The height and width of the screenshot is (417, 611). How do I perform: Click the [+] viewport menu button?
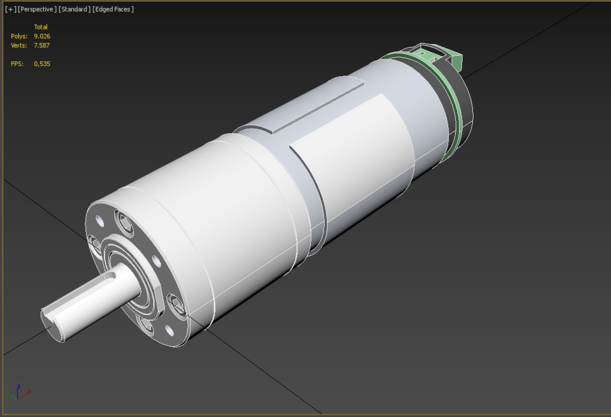pos(11,9)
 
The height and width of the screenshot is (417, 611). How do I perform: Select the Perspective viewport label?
pos(37,9)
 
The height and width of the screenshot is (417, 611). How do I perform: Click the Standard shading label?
pos(74,9)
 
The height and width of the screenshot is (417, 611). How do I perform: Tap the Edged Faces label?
pos(113,9)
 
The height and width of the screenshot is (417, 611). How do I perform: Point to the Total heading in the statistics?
pos(41,27)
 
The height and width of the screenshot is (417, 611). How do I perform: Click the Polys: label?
pos(19,36)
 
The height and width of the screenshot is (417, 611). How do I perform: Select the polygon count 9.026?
pos(42,36)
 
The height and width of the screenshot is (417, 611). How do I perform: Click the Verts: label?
pos(19,45)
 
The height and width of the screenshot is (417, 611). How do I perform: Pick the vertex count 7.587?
pos(42,45)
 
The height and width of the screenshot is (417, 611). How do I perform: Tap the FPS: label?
pos(17,64)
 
